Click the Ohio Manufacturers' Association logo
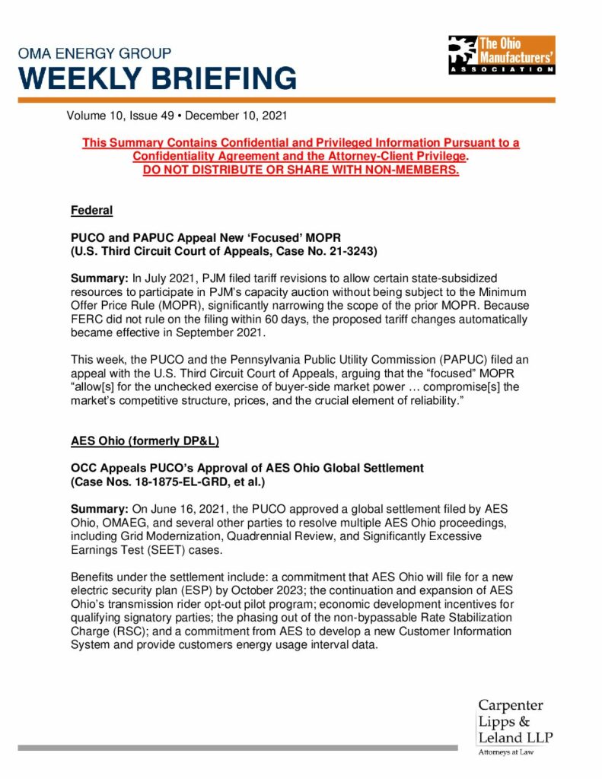pos(502,54)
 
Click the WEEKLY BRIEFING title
pos(158,78)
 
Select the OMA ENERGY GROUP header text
pos(95,54)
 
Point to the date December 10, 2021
pos(236,116)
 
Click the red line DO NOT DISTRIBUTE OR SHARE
pos(301,169)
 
